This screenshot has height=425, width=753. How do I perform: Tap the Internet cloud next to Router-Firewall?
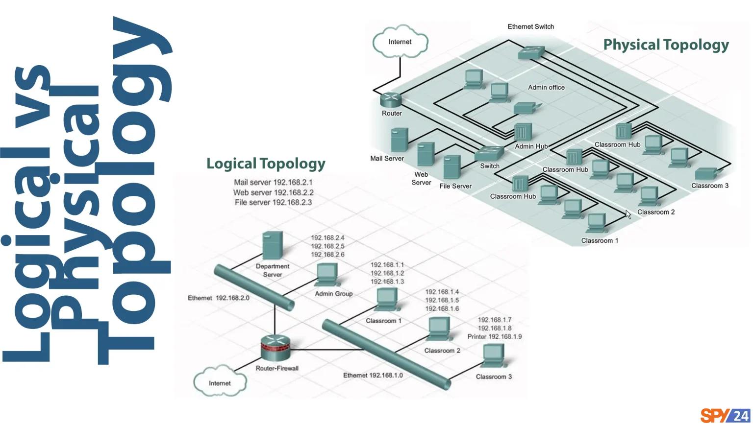tap(219, 383)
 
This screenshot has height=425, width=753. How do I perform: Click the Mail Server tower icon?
tap(400, 140)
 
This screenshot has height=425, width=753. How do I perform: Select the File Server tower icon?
tap(452, 167)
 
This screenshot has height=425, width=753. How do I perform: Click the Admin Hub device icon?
tap(523, 131)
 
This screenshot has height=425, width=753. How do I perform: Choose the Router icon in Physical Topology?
tap(391, 99)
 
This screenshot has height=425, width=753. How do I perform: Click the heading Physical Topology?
tap(666, 45)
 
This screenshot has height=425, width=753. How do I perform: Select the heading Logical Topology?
tap(266, 164)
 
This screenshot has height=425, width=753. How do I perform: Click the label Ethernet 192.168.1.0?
tap(373, 375)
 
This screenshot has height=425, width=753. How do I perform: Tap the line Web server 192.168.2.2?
tap(273, 192)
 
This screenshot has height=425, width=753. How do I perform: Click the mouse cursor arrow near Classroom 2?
tap(628, 214)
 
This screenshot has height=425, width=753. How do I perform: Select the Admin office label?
tap(546, 88)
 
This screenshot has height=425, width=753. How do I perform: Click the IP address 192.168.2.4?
tap(327, 238)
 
